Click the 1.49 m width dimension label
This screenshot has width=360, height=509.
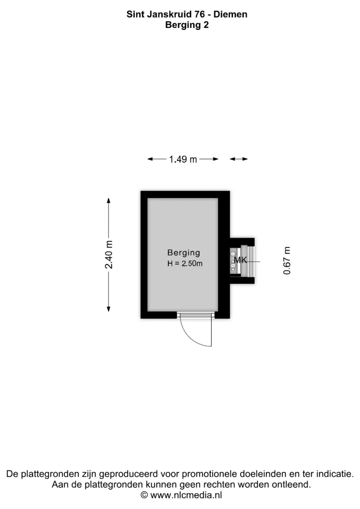[183, 159]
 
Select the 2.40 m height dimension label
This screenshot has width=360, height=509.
[109, 254]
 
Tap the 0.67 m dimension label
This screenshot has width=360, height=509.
[287, 261]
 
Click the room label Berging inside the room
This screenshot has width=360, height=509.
[183, 253]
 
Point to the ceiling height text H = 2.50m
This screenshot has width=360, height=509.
[185, 264]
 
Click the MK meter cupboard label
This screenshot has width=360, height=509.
[241, 260]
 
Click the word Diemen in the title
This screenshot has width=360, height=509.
[230, 14]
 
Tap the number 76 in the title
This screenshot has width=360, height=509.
[200, 14]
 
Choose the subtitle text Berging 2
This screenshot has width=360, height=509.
[187, 25]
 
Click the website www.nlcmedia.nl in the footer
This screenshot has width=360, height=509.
[187, 495]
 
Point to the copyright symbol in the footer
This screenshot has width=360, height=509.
[144, 495]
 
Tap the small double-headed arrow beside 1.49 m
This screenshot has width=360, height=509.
[239, 159]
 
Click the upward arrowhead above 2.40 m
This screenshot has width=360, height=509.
[109, 200]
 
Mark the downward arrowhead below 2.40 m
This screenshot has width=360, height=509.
[109, 309]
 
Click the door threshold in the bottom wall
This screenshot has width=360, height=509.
[196, 315]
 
